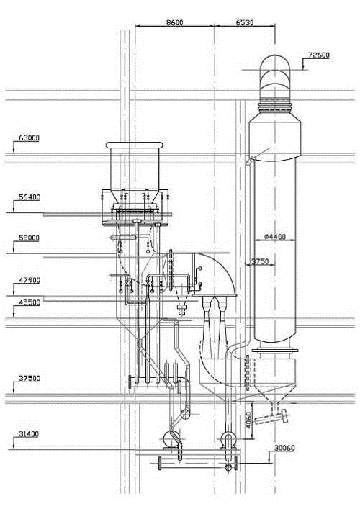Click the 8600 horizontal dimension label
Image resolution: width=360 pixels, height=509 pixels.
175,22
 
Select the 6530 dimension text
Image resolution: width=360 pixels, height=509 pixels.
245,22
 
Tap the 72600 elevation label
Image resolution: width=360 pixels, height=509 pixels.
319,55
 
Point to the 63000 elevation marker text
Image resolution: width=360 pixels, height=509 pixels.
30,138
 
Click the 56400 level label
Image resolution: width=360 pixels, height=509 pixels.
30,197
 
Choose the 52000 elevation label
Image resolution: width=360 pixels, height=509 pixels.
30,238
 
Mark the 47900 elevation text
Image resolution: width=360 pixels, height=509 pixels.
30,280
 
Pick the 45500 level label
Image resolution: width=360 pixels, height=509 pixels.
30,302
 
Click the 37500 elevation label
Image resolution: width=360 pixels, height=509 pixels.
30,378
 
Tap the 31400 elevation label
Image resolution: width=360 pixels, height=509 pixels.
29,433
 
